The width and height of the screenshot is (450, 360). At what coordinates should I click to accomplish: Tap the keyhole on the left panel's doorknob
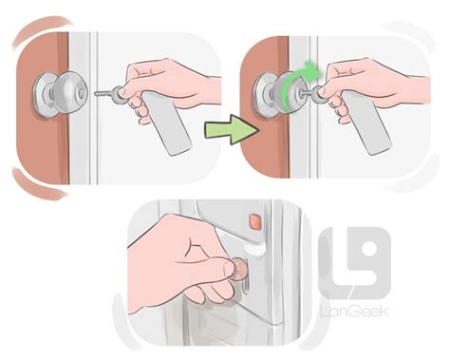[83, 93]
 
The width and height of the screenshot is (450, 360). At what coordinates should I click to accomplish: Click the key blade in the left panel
[105, 93]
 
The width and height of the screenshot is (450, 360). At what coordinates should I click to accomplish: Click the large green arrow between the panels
[232, 129]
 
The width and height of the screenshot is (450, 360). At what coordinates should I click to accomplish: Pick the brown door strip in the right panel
[267, 106]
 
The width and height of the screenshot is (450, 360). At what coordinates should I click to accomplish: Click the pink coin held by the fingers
[239, 269]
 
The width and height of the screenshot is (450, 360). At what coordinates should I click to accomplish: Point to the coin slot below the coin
[246, 287]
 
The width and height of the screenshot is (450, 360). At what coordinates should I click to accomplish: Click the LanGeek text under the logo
[354, 312]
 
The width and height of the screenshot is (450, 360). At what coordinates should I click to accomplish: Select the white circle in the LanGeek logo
[369, 248]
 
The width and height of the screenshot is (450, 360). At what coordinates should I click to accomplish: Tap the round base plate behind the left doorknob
[45, 96]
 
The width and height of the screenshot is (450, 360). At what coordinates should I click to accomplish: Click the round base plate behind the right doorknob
[264, 96]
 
